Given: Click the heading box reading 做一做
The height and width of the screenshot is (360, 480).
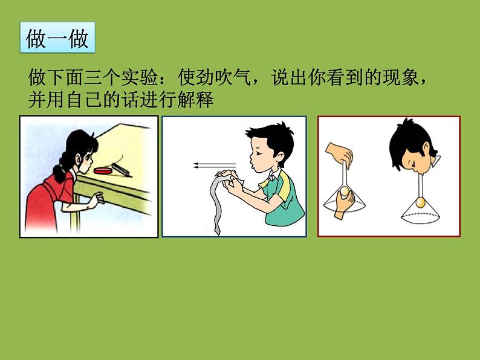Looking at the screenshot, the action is (x=57, y=37).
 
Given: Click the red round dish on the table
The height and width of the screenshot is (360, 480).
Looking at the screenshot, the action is (x=103, y=171).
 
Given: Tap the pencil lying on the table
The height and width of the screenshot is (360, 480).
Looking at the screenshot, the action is (x=122, y=170).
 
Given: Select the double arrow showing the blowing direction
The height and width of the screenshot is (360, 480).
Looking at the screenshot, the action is (x=214, y=166).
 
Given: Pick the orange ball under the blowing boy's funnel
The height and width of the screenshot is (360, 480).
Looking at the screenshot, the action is (x=420, y=202).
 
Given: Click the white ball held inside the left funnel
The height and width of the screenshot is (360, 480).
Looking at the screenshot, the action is (x=345, y=191).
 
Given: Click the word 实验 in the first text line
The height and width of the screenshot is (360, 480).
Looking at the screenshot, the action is (x=140, y=78).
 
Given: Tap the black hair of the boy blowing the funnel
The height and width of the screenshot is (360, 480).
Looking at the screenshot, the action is (x=403, y=139).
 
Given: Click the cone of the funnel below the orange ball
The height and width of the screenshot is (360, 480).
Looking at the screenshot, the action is (x=420, y=214).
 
